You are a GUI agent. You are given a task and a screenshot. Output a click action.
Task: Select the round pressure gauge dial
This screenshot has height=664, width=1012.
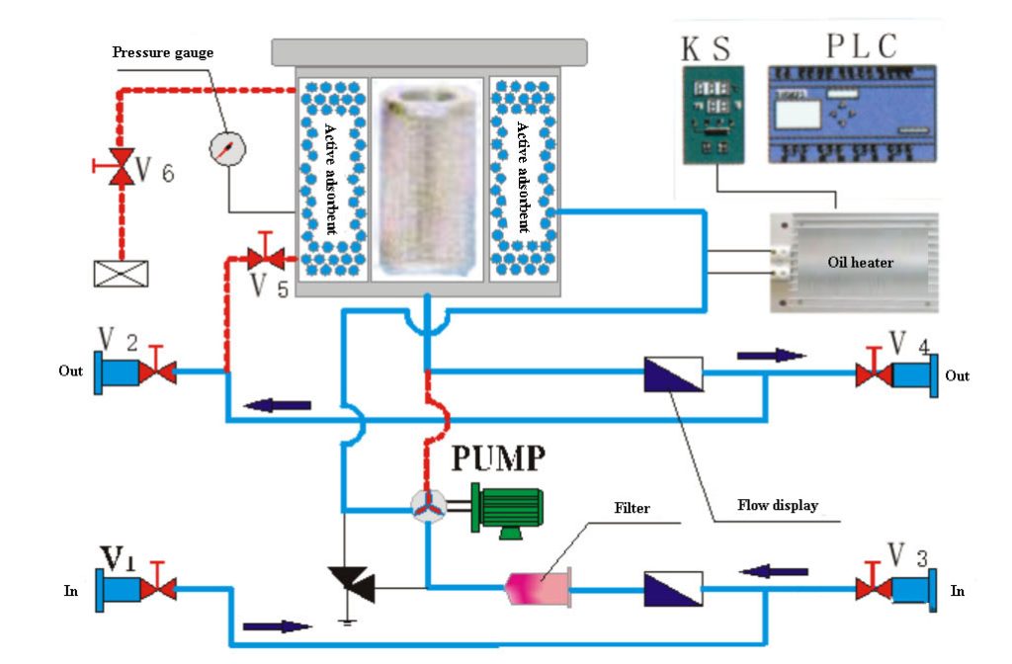click(x=228, y=148)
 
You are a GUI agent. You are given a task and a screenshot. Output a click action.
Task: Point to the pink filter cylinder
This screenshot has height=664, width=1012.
click(x=538, y=589)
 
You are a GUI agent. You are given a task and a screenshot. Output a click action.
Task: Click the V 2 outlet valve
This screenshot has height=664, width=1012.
click(x=157, y=373)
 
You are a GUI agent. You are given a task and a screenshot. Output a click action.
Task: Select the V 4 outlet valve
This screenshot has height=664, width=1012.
click(x=874, y=374)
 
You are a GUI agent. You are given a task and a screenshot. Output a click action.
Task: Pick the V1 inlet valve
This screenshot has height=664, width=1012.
click(x=157, y=590)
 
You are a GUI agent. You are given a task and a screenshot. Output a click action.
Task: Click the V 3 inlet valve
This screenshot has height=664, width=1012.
click(x=874, y=590)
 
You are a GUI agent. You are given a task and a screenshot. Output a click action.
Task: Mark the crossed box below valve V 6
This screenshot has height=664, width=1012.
click(x=121, y=273)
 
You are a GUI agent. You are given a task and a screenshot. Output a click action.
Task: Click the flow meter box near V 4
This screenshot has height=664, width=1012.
click(x=672, y=374)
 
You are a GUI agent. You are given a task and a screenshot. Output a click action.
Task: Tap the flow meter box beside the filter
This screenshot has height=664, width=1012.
click(x=672, y=589)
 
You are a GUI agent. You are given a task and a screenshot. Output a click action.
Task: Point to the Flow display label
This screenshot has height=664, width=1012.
click(x=778, y=506)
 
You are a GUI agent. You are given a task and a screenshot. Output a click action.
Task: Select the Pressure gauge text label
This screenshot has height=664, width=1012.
click(x=162, y=52)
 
